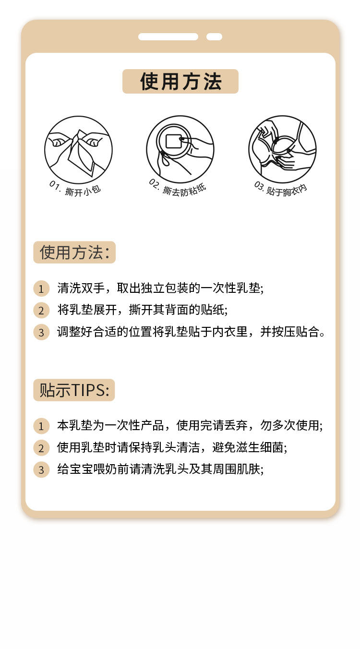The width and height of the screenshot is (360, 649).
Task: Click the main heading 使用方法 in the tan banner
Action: tap(180, 82)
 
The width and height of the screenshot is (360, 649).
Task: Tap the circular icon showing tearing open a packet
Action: tap(78, 149)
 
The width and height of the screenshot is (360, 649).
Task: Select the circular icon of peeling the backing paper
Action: tap(180, 149)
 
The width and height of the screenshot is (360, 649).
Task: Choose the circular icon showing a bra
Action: tap(282, 149)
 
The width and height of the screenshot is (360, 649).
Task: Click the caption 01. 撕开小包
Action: tap(75, 189)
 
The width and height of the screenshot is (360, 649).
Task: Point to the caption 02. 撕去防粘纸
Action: tap(178, 187)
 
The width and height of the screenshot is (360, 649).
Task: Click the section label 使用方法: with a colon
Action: tap(74, 252)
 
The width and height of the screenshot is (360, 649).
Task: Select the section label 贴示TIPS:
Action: tap(74, 390)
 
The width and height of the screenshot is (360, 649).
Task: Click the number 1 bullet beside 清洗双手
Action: tap(41, 288)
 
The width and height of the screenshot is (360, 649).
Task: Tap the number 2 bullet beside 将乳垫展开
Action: tap(41, 311)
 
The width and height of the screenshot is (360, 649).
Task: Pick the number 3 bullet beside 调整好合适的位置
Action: tap(41, 332)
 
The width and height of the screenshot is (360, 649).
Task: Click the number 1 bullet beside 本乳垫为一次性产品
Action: tap(41, 426)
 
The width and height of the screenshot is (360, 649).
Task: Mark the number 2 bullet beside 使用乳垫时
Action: tap(41, 448)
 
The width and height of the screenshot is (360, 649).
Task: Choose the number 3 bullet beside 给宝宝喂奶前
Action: tap(41, 469)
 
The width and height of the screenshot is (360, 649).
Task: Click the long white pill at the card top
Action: tap(168, 36)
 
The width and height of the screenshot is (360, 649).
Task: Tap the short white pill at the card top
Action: tap(214, 36)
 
